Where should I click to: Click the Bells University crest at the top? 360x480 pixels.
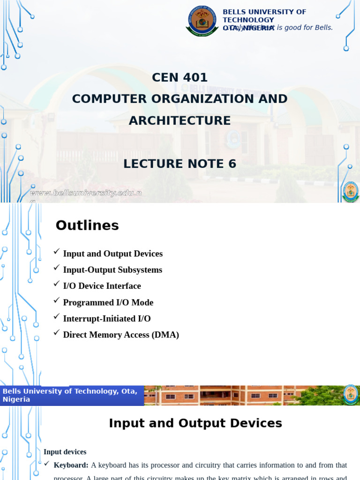[202, 21]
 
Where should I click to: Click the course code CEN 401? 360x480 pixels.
[180, 77]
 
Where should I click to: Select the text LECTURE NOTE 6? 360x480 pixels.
[180, 164]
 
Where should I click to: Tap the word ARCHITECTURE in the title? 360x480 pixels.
[180, 120]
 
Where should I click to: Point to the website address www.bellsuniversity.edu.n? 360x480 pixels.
[86, 193]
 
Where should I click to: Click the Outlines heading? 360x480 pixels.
[87, 225]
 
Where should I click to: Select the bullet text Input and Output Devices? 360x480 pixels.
[112, 254]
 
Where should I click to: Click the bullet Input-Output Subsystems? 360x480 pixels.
[112, 270]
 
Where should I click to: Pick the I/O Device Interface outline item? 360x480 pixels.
[102, 286]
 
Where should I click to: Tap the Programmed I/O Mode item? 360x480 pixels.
[108, 302]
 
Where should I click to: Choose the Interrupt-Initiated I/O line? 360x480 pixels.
[107, 319]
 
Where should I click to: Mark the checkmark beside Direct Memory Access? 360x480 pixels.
[57, 333]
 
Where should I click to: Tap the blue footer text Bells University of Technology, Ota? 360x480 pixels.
[70, 391]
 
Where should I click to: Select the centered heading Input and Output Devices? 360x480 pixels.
[195, 423]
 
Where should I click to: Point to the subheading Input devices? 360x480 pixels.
[65, 452]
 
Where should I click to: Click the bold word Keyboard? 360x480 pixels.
[71, 465]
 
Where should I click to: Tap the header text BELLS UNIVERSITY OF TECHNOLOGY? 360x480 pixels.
[264, 15]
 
